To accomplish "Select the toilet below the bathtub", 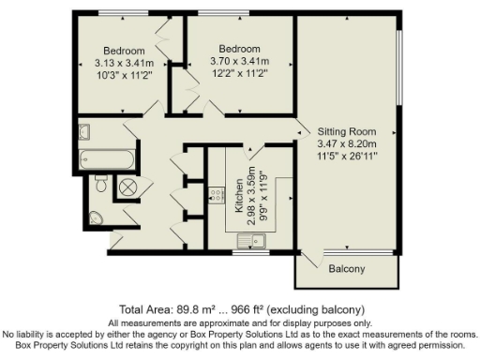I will (99, 185).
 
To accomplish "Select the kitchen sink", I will (252, 242).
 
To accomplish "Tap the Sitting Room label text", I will (346, 131).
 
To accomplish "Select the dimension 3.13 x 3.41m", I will (124, 63).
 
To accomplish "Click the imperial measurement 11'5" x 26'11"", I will (346, 157).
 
